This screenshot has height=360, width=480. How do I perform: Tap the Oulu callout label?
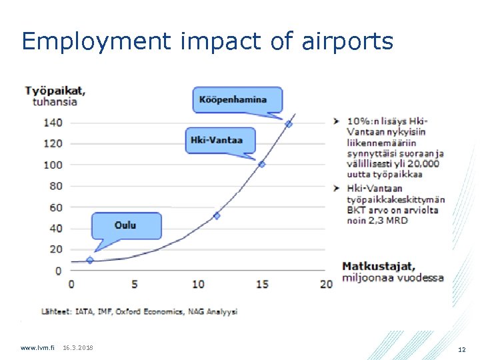coord(125,225)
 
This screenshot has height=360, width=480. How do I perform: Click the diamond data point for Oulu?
coord(90,259)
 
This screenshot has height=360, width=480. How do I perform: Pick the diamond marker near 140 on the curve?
coord(289,124)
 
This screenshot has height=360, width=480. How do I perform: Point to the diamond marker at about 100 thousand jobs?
coord(262,164)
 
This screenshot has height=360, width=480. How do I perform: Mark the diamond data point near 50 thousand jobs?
coord(216,215)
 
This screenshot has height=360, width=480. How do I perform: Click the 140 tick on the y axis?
coord(53,123)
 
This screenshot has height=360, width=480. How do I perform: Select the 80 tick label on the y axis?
coord(55,186)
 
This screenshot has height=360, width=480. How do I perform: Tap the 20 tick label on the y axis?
coord(55,249)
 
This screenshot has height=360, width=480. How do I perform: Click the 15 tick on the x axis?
coord(262,285)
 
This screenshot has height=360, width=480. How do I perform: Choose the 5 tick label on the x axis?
coord(135,285)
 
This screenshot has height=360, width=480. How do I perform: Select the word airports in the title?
coord(346,41)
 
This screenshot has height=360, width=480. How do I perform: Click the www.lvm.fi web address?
coord(37,348)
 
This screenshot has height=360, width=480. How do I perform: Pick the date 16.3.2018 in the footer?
coord(78,348)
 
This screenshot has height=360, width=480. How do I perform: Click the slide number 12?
coord(462,349)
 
